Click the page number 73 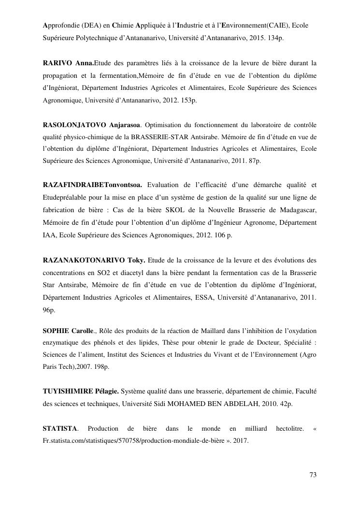click(313, 475)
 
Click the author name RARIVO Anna click(68, 63)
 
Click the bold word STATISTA click(60, 428)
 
